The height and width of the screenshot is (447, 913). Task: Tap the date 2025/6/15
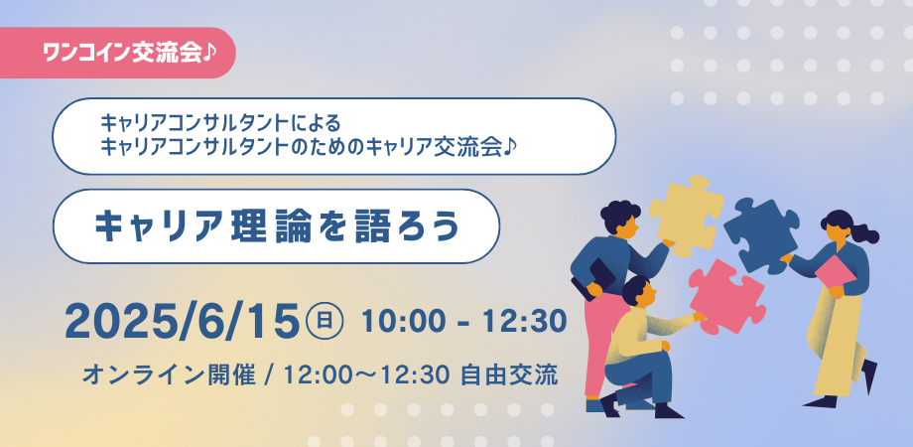(182, 320)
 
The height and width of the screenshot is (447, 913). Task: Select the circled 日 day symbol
(326, 320)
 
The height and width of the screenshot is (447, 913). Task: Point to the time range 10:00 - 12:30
(464, 321)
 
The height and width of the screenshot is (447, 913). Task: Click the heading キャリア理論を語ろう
(277, 225)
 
